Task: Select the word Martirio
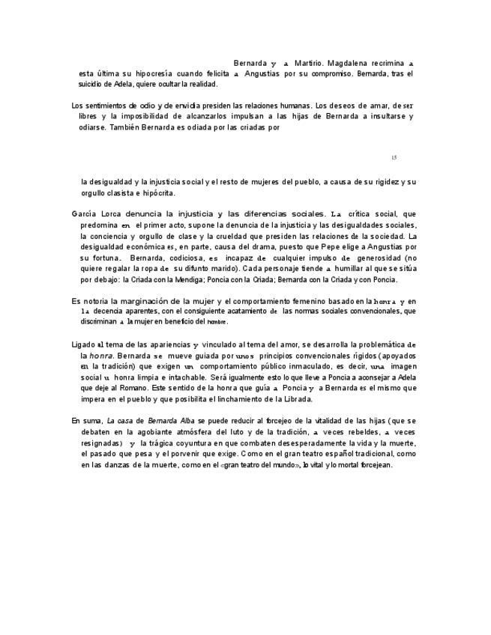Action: [x=290, y=64]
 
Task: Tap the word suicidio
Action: [x=97, y=84]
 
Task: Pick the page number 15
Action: [x=394, y=157]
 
